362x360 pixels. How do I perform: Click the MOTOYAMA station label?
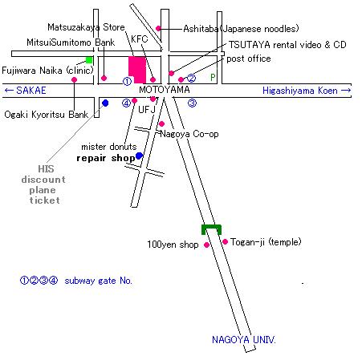coord(165,90)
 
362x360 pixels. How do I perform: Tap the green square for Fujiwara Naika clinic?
coord(89,60)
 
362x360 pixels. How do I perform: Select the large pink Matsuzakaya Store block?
coord(137,70)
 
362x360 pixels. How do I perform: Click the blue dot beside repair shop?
coord(139,156)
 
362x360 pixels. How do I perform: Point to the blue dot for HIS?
coord(105,103)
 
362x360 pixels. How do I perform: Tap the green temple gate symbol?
coord(211,228)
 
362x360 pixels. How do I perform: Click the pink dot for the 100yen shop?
coord(206,245)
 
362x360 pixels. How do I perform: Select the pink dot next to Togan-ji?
coord(226,241)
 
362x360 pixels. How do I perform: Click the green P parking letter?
coord(213,78)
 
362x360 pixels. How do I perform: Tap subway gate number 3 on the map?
coord(192,103)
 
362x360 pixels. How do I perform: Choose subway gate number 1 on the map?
coord(127,81)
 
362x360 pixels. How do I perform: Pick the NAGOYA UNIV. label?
coord(243,340)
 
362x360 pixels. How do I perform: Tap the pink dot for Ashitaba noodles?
coord(158,28)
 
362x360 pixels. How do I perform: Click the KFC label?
coord(140,39)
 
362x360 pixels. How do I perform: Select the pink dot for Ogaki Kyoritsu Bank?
coord(75,79)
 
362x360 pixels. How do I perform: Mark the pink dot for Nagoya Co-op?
coord(161,123)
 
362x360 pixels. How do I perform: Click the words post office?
coord(249,59)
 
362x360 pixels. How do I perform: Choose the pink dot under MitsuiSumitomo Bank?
coord(104,78)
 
